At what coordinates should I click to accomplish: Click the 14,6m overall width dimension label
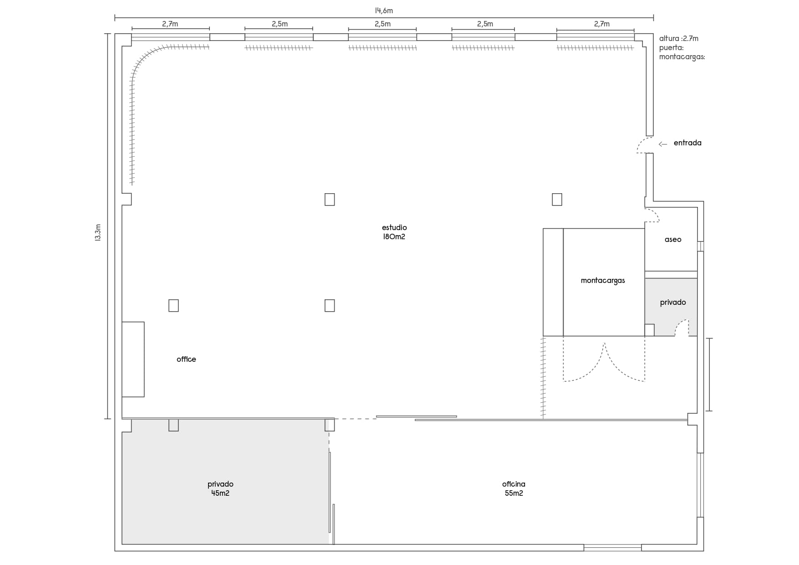coord(384,11)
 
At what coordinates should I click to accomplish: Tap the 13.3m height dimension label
coord(98,232)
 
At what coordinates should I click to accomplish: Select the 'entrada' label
coord(687,143)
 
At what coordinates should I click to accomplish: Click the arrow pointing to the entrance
coord(663,144)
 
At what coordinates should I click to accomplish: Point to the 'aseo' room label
coord(673,240)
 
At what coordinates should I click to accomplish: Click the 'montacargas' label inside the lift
coord(603,281)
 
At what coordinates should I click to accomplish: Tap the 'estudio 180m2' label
coord(394,232)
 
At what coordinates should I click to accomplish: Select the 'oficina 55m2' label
coord(514,488)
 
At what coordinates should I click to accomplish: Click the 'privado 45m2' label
coord(220,488)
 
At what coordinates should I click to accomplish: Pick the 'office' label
coord(186,359)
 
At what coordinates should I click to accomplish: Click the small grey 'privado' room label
coord(673,302)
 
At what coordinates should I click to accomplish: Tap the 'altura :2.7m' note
coord(678,38)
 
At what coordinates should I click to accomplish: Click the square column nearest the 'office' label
coord(173,305)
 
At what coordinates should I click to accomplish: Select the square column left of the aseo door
coord(557,200)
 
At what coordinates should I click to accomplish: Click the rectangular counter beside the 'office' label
coord(133,359)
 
